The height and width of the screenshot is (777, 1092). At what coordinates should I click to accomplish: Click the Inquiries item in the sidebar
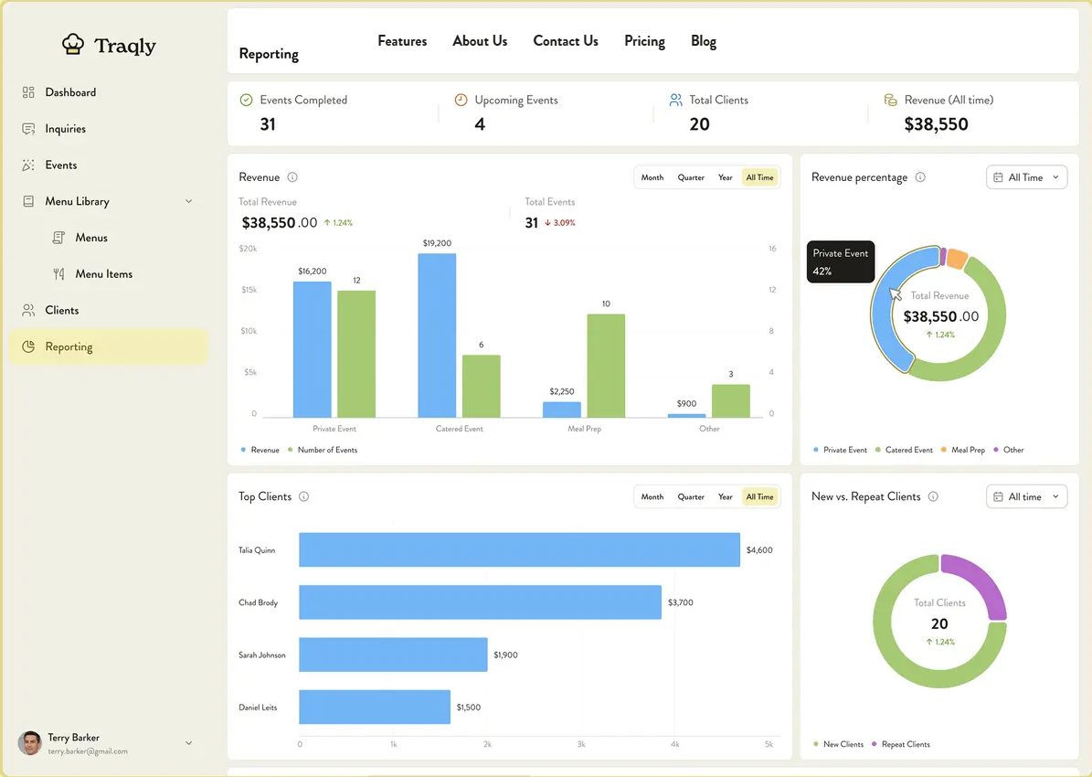point(65,129)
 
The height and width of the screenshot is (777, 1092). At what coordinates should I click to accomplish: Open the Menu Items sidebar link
point(103,274)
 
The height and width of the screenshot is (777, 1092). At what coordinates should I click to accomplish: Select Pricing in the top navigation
point(644,41)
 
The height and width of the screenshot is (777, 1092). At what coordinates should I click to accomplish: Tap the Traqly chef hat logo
point(73,44)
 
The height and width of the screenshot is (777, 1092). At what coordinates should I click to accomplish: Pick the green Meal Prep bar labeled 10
point(606,366)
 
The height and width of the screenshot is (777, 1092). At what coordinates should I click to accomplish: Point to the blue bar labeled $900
point(686,415)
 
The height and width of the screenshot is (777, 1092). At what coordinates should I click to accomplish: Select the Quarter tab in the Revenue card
point(691,177)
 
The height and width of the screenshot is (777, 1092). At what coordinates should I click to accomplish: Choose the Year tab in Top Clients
point(725,497)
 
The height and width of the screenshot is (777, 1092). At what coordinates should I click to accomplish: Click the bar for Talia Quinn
point(519,550)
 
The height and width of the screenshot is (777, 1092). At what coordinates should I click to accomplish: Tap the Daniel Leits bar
point(375,708)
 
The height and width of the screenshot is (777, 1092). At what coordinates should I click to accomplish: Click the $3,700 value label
point(681,603)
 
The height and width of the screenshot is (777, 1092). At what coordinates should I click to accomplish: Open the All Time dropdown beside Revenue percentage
point(1026,177)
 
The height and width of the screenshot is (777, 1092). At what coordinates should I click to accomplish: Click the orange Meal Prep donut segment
point(956,259)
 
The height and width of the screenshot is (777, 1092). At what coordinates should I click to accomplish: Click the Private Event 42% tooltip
point(841,262)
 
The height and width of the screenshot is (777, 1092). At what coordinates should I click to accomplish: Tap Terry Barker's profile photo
point(30,742)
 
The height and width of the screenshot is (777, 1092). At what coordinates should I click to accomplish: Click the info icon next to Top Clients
point(303,497)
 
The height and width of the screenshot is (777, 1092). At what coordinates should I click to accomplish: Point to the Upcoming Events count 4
point(480,124)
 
